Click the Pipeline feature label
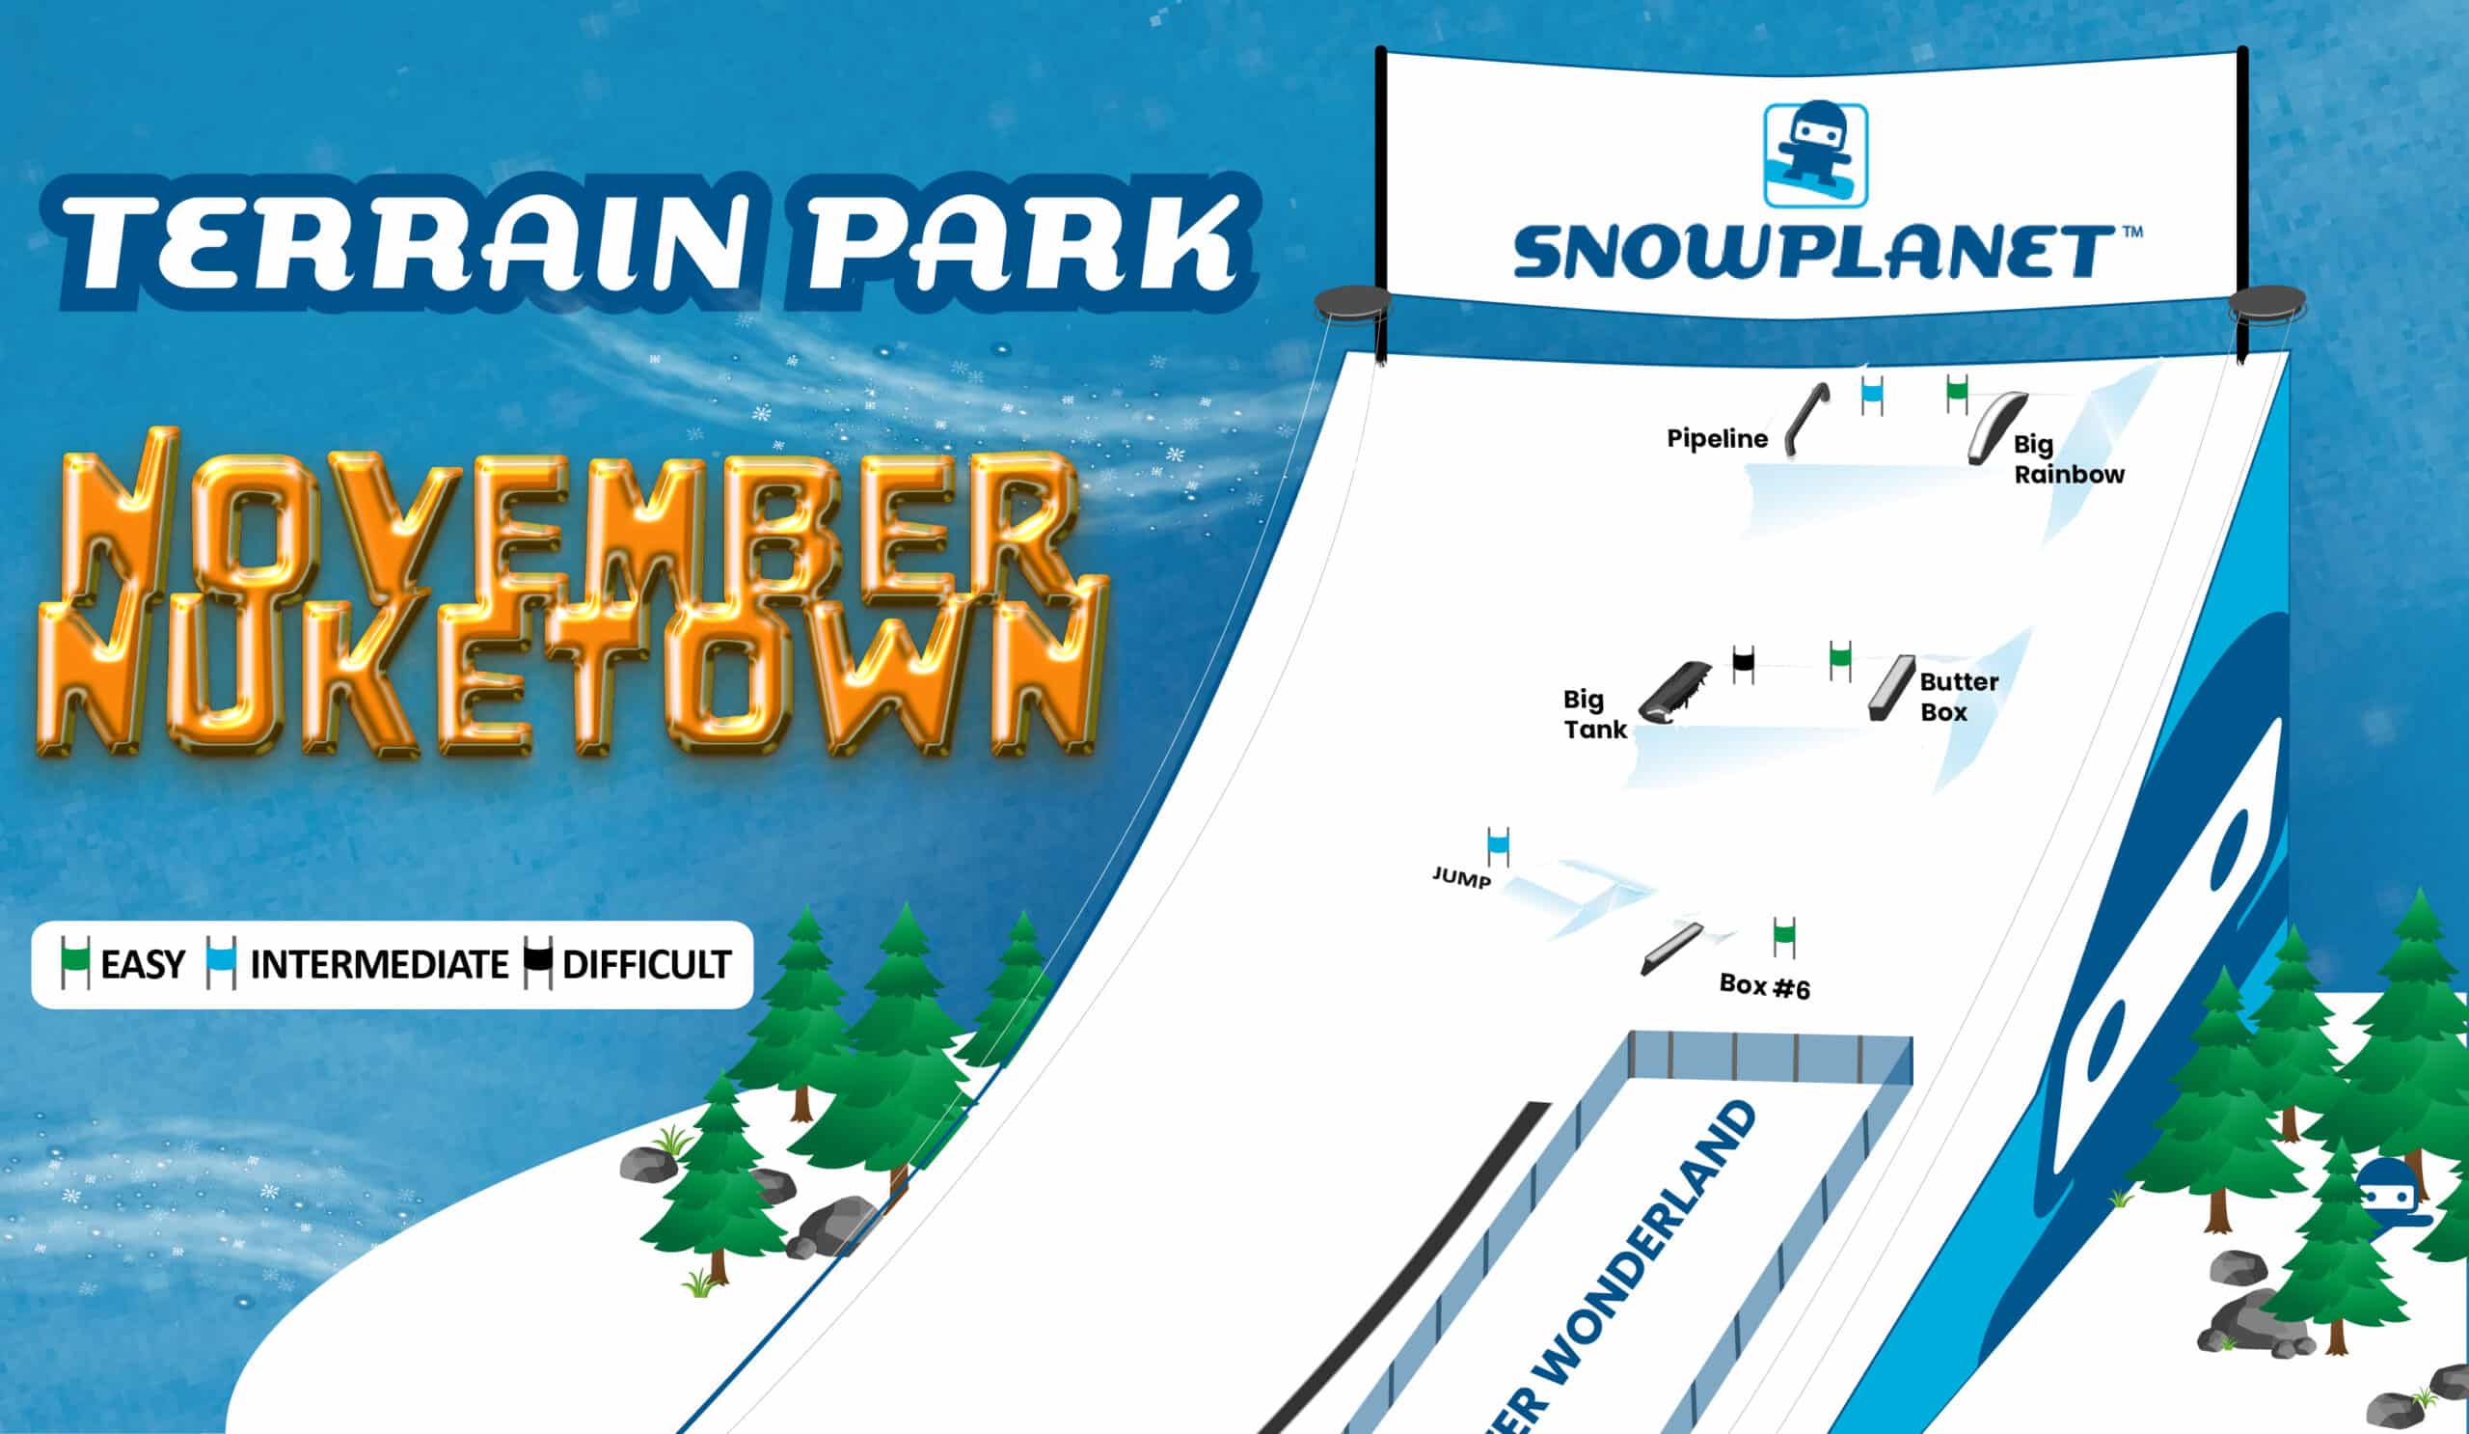tap(1718, 438)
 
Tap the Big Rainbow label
tap(2069, 459)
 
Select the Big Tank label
tap(1595, 714)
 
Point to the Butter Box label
tap(1959, 697)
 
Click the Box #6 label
tap(1765, 986)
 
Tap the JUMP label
tap(1462, 878)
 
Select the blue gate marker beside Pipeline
tap(1872, 395)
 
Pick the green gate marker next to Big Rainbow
tap(1958, 393)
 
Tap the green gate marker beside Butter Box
tap(1841, 661)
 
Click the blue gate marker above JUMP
tap(1498, 847)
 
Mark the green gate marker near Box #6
tap(1784, 937)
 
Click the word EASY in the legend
tap(142, 965)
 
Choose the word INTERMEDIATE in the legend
tap(379, 965)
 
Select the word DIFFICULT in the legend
tap(646, 965)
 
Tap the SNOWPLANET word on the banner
tap(1813, 252)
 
